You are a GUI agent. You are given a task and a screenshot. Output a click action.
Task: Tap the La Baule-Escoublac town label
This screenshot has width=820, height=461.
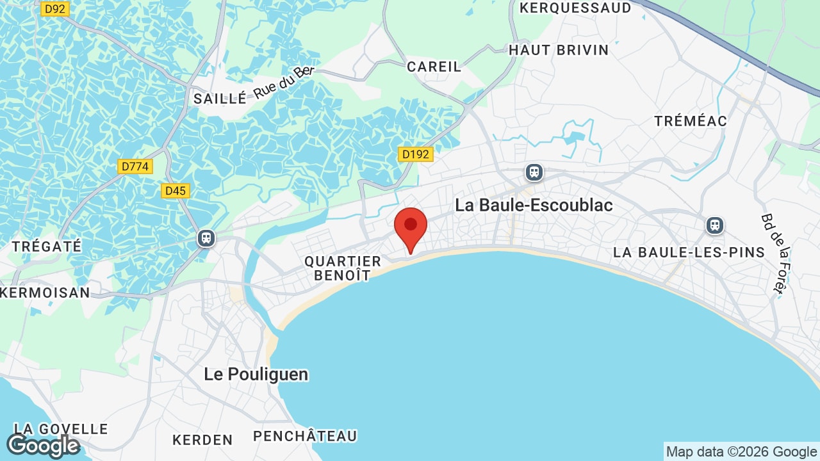[534, 205]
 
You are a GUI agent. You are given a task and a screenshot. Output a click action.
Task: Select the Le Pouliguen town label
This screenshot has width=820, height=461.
[256, 374]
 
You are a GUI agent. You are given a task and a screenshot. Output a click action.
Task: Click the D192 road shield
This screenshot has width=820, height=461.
[416, 154]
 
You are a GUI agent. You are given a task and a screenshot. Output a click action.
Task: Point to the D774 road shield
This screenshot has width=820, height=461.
[135, 166]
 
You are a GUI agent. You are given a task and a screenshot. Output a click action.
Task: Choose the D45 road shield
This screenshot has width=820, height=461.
[175, 191]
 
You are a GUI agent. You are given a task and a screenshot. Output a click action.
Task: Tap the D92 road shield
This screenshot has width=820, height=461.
[55, 9]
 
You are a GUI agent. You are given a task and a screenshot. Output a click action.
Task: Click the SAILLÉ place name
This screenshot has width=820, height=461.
[220, 99]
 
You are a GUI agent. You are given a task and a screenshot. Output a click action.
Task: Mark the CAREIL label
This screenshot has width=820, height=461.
[434, 67]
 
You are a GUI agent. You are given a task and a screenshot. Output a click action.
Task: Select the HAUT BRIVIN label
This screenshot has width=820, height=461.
[559, 50]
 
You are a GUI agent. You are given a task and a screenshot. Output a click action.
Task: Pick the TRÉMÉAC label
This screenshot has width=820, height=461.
[691, 121]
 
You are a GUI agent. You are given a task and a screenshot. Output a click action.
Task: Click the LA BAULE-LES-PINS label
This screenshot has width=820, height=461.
[689, 252]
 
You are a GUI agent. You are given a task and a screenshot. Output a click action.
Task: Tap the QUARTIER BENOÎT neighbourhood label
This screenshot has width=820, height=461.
[343, 268]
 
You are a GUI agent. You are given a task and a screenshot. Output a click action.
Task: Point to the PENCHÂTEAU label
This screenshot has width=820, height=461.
[305, 436]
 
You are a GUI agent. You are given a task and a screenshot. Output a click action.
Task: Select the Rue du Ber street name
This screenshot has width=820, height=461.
[284, 82]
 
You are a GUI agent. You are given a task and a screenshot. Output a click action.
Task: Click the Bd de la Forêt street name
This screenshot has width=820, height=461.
[773, 254]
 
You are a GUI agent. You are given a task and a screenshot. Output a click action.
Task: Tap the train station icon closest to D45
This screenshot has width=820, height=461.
[206, 238]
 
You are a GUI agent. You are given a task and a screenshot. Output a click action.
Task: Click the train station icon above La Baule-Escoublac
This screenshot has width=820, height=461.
[534, 172]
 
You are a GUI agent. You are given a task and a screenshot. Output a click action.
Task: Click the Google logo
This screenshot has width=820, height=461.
[43, 445]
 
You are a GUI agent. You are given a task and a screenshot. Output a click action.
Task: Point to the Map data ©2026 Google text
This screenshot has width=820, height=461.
[741, 451]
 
